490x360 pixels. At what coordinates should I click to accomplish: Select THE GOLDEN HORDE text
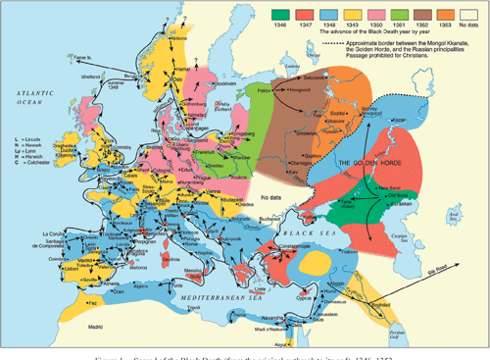tap(363, 162)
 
